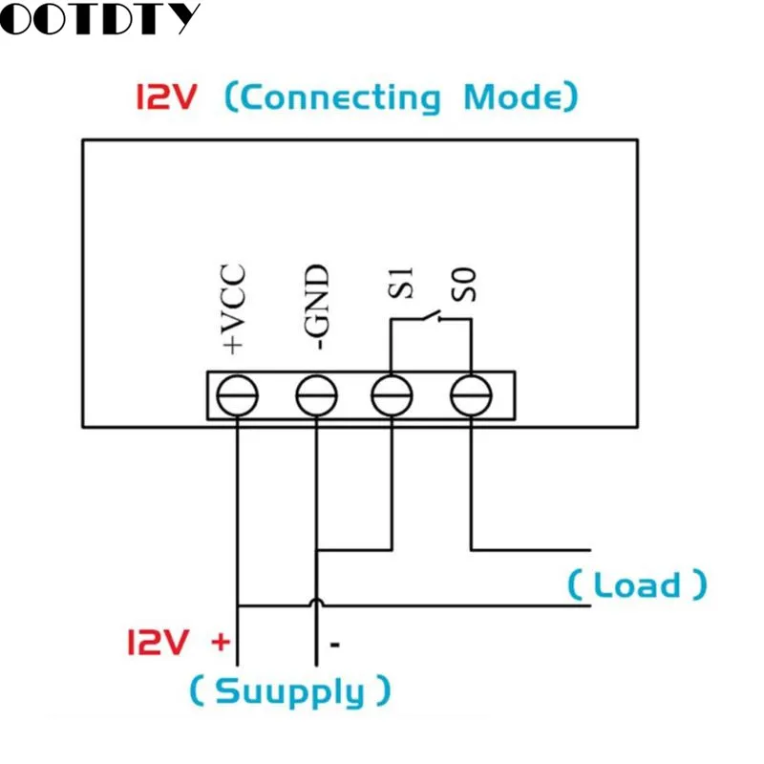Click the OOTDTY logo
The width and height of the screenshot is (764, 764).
pos(99,18)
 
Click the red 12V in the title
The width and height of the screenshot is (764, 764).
pos(166,96)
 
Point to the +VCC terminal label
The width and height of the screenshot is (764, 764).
pos(233,308)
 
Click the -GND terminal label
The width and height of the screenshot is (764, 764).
pos(316,307)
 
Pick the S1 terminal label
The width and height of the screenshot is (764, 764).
pos(400,283)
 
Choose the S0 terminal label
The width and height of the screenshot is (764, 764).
pos(464,285)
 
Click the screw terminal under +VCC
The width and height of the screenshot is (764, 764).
pos(237,395)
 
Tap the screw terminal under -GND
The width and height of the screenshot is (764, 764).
pos(317,395)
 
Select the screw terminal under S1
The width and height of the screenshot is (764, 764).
pos(392,395)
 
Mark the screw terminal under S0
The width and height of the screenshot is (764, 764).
pos(471,395)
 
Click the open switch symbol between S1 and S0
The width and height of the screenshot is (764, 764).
pos(432,316)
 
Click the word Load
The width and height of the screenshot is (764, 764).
pos(637,584)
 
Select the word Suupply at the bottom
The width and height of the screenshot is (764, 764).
pos(290,691)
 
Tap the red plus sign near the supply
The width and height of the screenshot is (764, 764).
pos(221,642)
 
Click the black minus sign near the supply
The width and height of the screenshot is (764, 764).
pos(335,646)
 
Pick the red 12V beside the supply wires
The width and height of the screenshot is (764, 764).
pos(158,642)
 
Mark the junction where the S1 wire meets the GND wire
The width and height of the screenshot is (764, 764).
pos(317,550)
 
